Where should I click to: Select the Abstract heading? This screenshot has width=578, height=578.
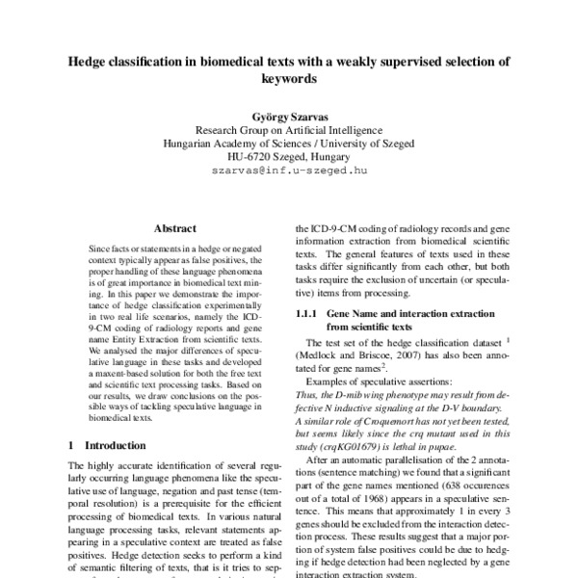[x=174, y=229]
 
